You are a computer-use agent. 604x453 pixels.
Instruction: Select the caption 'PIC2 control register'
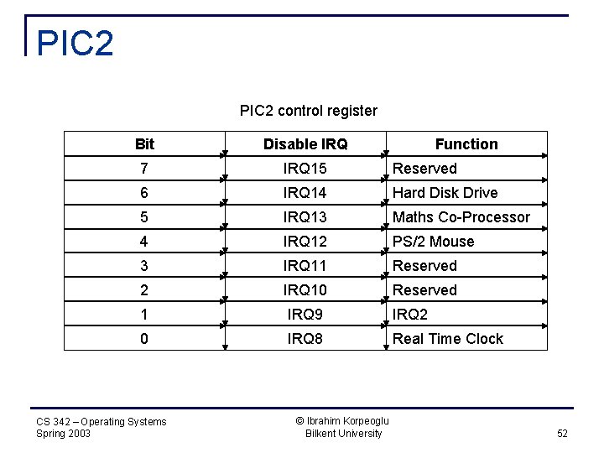(308, 111)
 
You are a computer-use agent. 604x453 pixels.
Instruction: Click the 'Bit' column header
(144, 144)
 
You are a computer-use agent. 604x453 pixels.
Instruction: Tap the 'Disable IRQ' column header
(305, 144)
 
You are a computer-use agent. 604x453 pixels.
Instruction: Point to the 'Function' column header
(466, 144)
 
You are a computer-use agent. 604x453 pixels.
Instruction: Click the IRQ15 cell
(305, 169)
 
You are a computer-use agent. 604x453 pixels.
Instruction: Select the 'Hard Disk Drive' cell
(445, 193)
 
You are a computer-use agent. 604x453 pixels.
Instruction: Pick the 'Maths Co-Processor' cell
(461, 217)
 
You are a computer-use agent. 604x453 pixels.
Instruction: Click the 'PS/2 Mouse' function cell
(433, 242)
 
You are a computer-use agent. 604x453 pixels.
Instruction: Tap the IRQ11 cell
(305, 266)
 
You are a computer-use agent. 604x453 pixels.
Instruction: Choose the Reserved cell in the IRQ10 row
(424, 290)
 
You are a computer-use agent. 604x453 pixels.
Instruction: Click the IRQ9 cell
(305, 315)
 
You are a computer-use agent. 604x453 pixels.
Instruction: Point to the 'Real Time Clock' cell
(448, 339)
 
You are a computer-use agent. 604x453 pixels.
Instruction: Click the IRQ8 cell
(305, 339)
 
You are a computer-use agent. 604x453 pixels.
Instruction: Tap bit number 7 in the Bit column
(144, 169)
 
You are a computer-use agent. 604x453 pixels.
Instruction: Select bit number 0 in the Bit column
(144, 339)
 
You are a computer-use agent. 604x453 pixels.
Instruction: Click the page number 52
(562, 434)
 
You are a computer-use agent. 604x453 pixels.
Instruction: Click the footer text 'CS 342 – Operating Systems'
(102, 421)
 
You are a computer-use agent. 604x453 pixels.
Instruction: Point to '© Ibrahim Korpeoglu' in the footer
(343, 420)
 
